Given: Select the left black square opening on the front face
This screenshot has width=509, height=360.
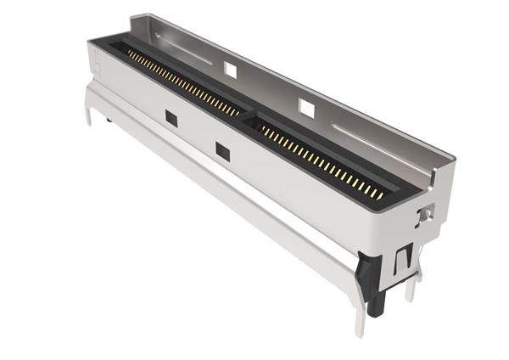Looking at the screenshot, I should click(171, 119).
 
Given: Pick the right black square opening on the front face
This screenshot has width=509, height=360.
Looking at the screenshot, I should click(222, 151).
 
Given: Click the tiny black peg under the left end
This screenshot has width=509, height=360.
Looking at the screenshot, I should click(109, 119).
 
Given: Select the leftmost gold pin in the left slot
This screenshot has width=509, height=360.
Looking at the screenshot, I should click(128, 53).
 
